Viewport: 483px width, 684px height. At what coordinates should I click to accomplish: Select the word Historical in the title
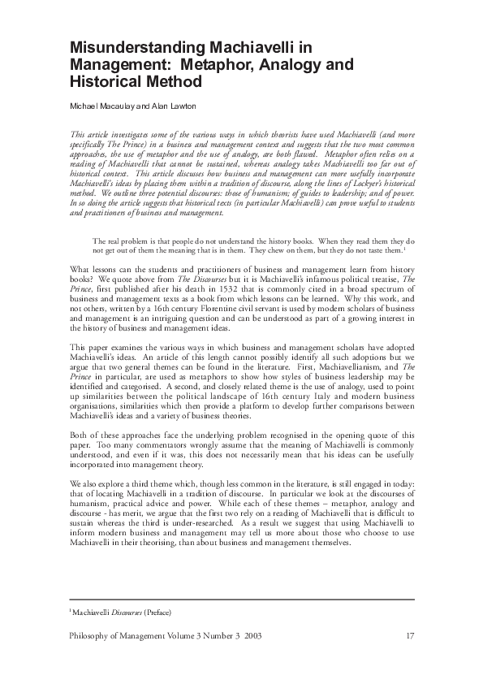click(106, 82)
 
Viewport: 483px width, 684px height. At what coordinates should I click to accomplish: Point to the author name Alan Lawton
click(165, 106)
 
